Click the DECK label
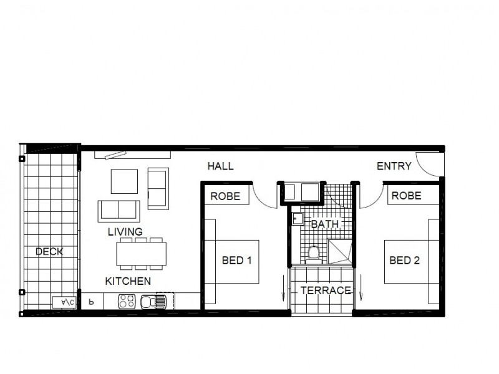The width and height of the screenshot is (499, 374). point(49,252)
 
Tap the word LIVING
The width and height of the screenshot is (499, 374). point(125,232)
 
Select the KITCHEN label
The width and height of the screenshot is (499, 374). point(127,281)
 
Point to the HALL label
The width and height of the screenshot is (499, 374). point(220,166)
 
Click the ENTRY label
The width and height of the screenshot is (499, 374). point(394,166)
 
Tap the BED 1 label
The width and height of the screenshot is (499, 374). point(236,261)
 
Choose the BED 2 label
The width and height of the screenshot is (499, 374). point(404,261)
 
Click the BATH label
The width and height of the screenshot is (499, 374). point(324,224)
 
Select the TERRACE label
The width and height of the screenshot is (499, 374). point(326,290)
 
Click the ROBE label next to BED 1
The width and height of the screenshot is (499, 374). point(225,196)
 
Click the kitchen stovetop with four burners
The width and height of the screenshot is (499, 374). point(127,302)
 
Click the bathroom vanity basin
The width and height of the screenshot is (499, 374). point(298,219)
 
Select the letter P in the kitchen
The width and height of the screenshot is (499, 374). point(91,302)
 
